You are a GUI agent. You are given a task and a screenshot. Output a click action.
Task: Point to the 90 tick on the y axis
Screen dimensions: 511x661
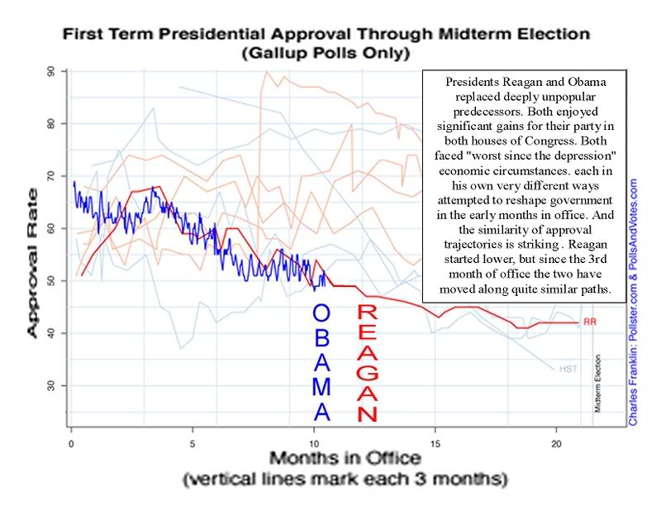52,72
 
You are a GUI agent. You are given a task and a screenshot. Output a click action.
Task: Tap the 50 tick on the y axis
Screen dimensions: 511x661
52,281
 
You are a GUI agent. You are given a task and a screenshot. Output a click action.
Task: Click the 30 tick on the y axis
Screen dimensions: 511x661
52,385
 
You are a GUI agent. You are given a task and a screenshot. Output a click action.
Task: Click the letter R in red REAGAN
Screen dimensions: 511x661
368,313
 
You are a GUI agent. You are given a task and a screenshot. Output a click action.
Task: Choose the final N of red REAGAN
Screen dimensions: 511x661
368,413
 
